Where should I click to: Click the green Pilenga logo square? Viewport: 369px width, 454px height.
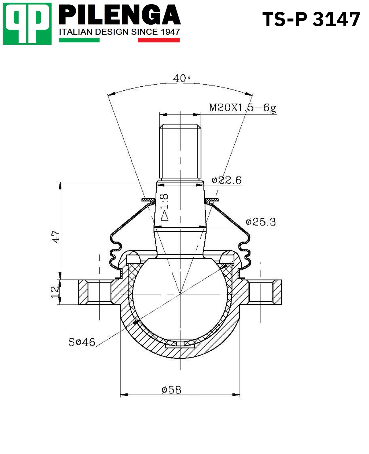[27, 24]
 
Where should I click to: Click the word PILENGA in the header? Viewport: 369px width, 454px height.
[119, 15]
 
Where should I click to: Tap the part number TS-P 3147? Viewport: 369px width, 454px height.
[311, 19]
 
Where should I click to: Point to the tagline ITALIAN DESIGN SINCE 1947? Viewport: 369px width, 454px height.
[119, 32]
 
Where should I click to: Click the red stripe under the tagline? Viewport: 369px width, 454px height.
[158, 40]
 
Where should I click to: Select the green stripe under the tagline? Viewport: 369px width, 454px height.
[79, 40]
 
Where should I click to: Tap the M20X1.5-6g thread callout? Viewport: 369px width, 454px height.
[242, 108]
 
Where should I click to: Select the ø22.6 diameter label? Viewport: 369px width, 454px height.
[226, 180]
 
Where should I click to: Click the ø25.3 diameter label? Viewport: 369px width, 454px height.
[260, 222]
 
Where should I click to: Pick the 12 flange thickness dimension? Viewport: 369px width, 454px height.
[55, 292]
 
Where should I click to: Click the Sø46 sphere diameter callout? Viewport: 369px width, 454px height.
[82, 342]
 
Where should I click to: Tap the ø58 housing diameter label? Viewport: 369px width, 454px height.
[171, 390]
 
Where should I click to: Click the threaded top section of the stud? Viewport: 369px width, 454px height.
[180, 152]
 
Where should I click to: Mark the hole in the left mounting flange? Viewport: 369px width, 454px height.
[99, 292]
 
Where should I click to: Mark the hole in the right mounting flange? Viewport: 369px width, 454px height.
[261, 292]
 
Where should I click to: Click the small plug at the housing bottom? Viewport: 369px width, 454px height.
[180, 345]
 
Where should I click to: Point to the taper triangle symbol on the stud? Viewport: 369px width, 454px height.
[164, 216]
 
